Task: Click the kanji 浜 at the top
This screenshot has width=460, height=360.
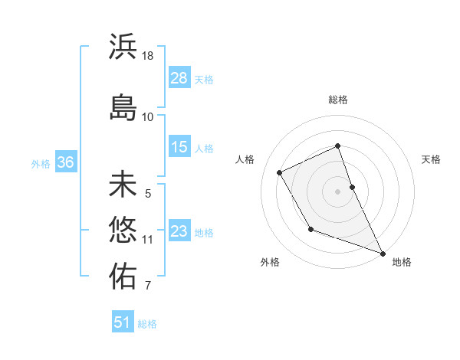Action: point(123,47)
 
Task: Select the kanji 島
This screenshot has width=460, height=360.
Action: point(123,107)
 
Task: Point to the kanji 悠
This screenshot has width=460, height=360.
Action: point(123,230)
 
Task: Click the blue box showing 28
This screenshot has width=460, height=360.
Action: point(179,77)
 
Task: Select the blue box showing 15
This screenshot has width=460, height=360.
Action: point(179,147)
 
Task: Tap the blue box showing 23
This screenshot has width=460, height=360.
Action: point(179,231)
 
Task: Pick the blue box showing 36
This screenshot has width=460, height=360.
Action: point(65,162)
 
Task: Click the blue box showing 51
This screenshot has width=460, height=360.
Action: point(123,322)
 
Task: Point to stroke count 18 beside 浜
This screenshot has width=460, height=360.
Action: point(148,56)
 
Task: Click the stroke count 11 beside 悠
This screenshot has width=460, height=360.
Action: point(148,240)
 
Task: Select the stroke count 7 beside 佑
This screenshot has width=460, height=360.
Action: point(148,286)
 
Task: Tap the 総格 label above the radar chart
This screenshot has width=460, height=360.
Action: point(338,100)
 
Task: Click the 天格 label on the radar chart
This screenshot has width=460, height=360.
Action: point(431,159)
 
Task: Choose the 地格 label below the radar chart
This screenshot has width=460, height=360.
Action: point(402,262)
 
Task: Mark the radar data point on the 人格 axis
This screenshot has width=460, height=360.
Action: point(280,172)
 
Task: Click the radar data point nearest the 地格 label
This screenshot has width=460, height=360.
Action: point(383,254)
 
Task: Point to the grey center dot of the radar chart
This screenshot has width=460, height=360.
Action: point(337,191)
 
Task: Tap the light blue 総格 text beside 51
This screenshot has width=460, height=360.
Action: point(147,324)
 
